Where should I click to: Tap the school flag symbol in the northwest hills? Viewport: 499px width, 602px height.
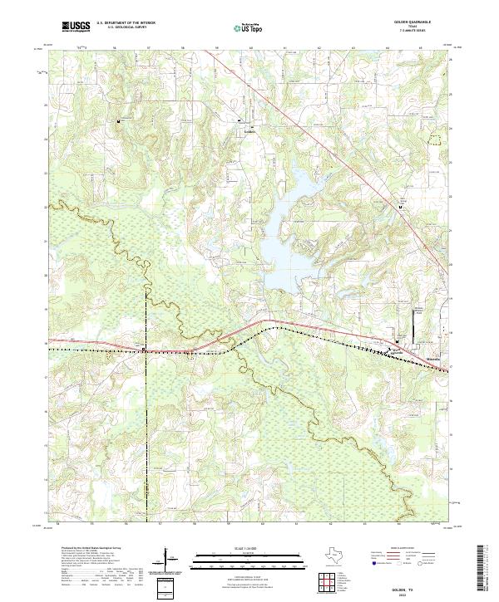pyautogui.click(x=120, y=121)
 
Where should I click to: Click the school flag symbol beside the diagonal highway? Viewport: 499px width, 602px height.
pyautogui.click(x=398, y=208)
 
